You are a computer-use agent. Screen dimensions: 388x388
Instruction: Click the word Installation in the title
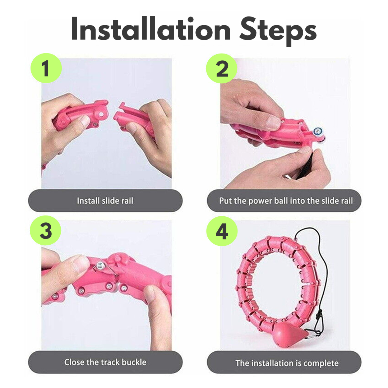coord(151,31)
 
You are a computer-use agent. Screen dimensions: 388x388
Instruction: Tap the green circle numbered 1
coord(46,68)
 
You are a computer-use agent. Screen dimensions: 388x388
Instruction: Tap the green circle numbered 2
coord(222,68)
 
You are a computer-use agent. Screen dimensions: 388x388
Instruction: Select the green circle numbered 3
coord(46,230)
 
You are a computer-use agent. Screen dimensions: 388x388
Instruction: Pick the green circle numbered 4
coord(222,230)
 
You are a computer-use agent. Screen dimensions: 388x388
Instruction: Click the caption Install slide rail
coord(105,201)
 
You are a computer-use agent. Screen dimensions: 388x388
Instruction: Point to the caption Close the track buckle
coord(105,362)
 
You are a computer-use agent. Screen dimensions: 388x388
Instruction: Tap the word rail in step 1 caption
coord(127,201)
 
